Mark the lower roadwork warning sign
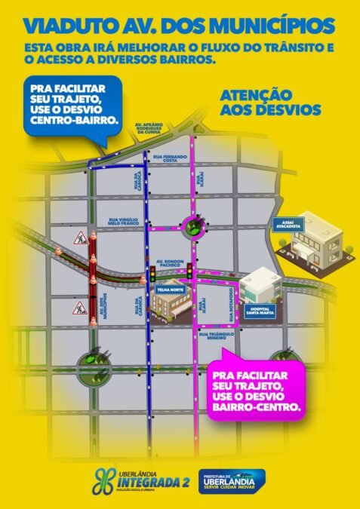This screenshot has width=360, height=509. [78, 307]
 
